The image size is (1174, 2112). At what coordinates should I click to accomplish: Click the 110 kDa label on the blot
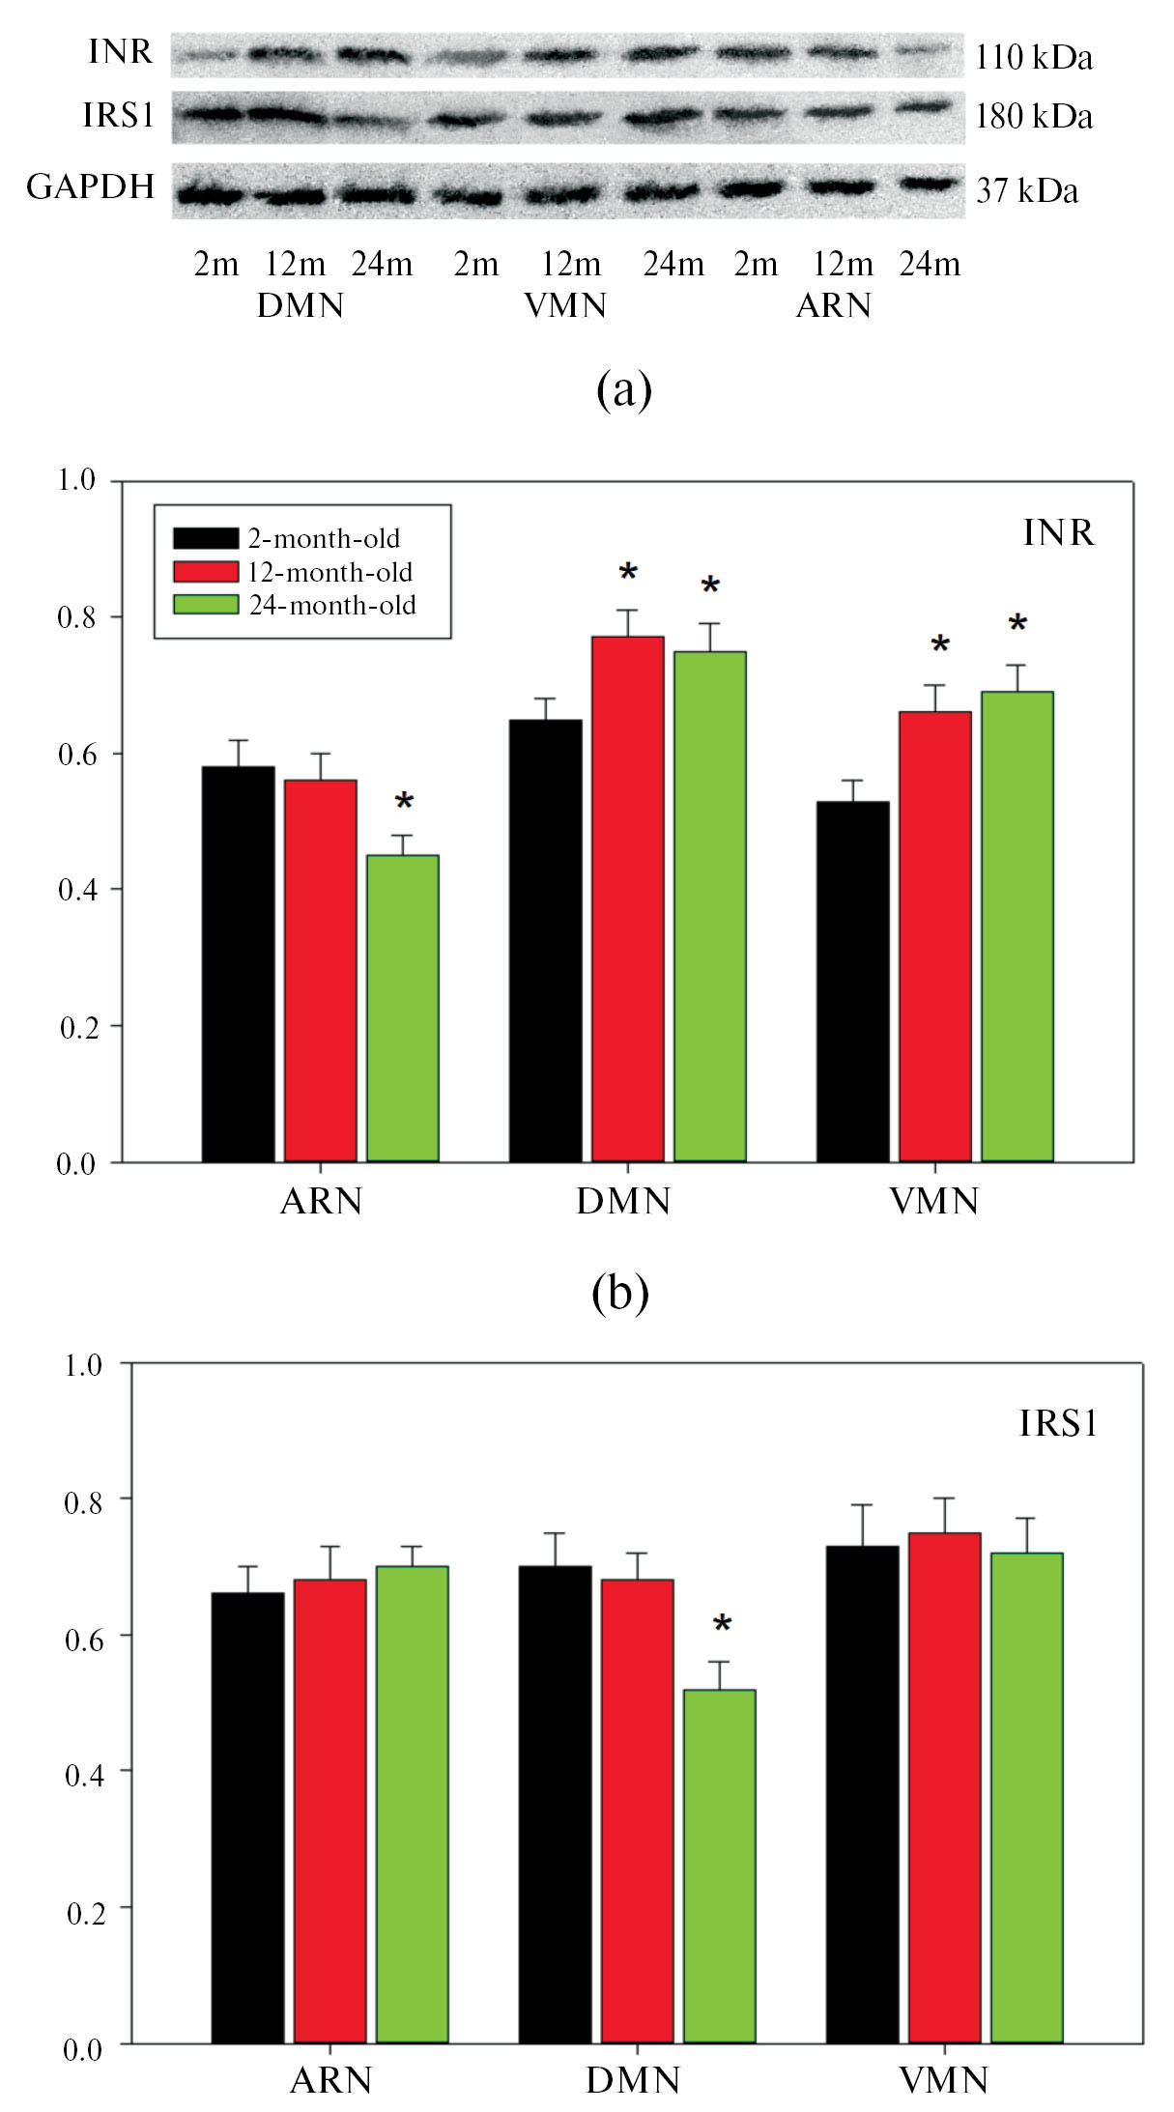coord(1033,58)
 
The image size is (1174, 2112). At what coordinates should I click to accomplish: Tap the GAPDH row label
coord(90,186)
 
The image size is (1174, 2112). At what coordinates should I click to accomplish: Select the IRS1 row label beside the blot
coord(118,116)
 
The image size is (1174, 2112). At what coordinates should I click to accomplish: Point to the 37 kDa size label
coord(1026,191)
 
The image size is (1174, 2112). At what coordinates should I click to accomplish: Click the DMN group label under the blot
coord(301,305)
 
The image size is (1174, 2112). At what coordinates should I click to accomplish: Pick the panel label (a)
coord(624,390)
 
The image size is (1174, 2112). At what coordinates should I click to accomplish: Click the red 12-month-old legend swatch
coord(205,571)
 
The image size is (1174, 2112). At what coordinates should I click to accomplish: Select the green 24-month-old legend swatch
coord(205,605)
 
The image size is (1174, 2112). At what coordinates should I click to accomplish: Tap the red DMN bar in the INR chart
coord(628,899)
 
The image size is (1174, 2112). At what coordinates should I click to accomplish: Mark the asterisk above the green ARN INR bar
coord(404,803)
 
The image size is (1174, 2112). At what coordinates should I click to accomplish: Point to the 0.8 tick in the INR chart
coord(76,617)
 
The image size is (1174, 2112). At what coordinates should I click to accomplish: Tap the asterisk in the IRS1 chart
coord(722,1625)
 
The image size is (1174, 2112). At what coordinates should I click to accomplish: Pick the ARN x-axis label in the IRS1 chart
coord(330,2080)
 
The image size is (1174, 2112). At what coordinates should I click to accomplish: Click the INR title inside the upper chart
coord(1058,532)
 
